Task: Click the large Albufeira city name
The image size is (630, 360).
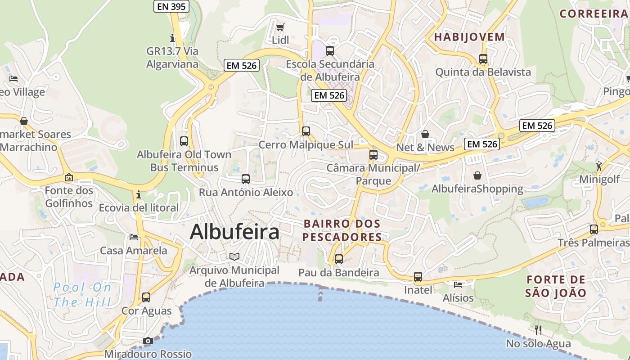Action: tap(234, 232)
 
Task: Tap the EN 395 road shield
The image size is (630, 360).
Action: tap(171, 6)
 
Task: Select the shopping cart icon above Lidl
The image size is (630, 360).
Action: tap(280, 27)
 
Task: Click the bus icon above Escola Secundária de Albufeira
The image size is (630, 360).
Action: tap(330, 51)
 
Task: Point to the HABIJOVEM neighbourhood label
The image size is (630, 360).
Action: tap(469, 37)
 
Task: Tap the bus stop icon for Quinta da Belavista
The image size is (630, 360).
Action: tap(483, 59)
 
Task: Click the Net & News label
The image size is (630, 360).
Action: tap(425, 147)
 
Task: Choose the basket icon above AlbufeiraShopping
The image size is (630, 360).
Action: tap(477, 175)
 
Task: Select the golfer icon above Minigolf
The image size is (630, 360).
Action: tap(599, 166)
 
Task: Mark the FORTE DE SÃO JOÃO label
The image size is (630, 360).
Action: tap(556, 286)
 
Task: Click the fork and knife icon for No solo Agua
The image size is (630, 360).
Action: tap(538, 330)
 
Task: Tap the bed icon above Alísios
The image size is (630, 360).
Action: tap(458, 284)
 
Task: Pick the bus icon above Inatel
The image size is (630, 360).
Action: tap(418, 277)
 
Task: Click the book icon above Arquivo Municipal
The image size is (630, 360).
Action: tap(234, 256)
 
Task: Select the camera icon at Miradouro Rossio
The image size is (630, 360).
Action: tap(148, 341)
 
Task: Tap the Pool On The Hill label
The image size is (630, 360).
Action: tap(82, 294)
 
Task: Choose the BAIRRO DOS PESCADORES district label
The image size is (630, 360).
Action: tap(342, 230)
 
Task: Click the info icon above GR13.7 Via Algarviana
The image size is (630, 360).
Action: tap(172, 37)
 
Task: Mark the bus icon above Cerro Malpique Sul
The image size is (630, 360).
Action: tap(306, 131)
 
